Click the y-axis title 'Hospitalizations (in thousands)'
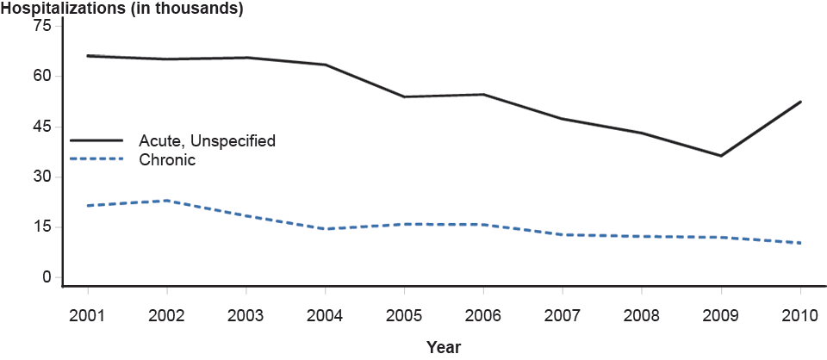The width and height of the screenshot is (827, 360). tap(122, 9)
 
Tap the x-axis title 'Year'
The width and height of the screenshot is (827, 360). tap(444, 347)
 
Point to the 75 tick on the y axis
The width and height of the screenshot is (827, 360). tap(42, 26)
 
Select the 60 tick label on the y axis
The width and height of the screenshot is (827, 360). tap(42, 76)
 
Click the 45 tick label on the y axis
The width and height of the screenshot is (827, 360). tap(42, 127)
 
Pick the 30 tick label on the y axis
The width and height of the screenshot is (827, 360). tap(42, 177)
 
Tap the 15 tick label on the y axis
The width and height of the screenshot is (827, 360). tap(42, 227)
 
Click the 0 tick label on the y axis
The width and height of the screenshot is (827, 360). tap(47, 277)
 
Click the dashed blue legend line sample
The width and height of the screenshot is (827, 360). tap(96, 158)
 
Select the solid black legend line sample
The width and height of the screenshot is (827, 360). tap(96, 140)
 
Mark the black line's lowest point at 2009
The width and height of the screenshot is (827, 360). tap(721, 156)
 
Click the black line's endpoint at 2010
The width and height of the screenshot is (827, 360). tap(800, 102)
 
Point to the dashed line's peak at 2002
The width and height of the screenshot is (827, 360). tap(166, 201)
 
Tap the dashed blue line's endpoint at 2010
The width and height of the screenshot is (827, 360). tap(800, 243)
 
